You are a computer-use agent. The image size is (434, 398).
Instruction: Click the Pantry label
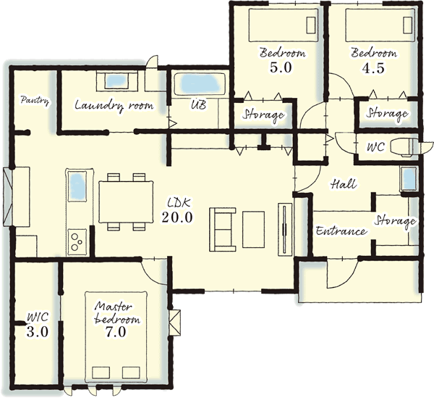(35, 101)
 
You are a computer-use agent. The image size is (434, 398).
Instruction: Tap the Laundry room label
(114, 106)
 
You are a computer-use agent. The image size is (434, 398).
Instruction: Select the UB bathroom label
(199, 104)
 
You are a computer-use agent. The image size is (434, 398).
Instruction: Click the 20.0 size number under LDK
(177, 217)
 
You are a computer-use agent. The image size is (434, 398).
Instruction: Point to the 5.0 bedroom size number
(281, 67)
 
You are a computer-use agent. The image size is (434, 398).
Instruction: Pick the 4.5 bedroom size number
(373, 68)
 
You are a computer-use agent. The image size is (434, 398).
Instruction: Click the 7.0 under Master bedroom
(116, 332)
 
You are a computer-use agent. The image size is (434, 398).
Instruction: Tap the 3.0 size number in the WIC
(38, 331)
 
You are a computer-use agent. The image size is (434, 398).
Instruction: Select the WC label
(375, 146)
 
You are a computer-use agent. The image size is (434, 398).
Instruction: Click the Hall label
(344, 184)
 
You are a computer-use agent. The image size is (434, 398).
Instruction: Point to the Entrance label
(341, 231)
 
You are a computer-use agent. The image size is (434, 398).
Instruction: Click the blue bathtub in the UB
(199, 83)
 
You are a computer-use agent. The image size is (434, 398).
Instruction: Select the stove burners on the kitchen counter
(77, 242)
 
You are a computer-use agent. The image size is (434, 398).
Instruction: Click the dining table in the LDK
(126, 202)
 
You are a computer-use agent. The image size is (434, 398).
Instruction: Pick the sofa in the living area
(222, 229)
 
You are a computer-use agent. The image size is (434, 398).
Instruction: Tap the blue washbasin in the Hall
(409, 179)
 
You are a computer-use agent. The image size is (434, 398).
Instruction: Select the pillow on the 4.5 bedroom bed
(408, 25)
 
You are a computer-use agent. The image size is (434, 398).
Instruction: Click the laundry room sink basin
(116, 81)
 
